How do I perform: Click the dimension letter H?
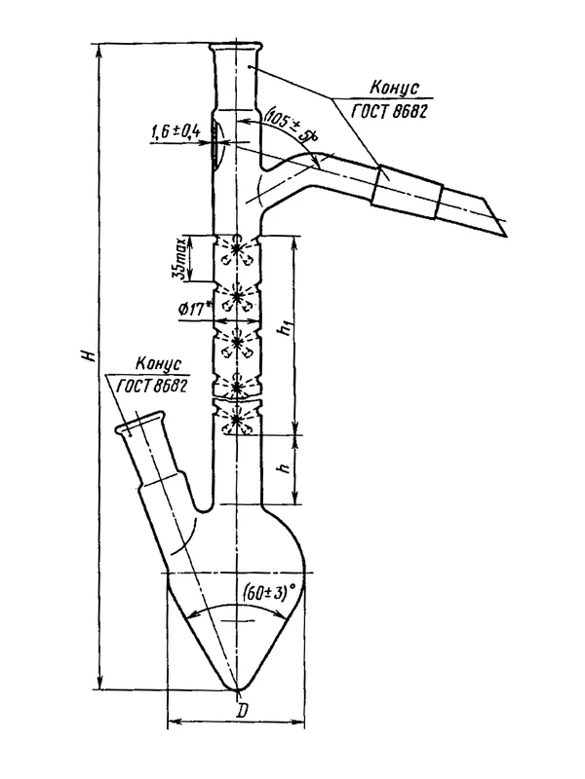90,354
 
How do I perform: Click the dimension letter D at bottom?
242,712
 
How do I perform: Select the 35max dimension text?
183,258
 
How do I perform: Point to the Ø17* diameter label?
194,310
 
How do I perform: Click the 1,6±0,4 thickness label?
175,132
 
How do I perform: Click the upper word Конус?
394,88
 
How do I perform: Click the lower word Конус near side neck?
159,364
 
